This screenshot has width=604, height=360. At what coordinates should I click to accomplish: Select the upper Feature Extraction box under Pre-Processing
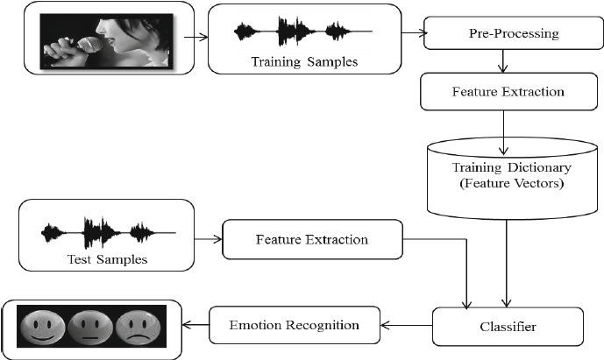[x=502, y=90]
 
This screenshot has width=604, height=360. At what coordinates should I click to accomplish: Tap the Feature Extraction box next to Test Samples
[x=312, y=239]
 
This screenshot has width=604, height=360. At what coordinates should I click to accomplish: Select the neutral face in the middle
[x=89, y=328]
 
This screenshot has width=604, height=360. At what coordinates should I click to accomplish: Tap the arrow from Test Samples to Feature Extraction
[x=207, y=238]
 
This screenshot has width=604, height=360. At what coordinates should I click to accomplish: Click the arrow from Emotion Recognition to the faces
[x=195, y=326]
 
